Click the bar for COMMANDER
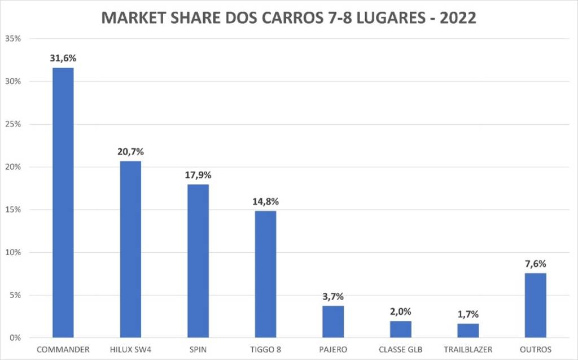click(x=63, y=203)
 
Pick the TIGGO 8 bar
click(x=265, y=274)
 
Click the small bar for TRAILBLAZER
click(x=468, y=331)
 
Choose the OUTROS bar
click(x=536, y=305)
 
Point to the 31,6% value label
click(x=63, y=58)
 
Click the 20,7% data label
click(x=130, y=151)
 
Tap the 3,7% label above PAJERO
click(x=333, y=296)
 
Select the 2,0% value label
click(x=401, y=311)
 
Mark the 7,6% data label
click(x=536, y=264)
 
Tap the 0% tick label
click(x=15, y=338)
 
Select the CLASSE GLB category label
click(x=401, y=350)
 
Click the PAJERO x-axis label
click(x=333, y=350)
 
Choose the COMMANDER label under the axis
click(x=63, y=350)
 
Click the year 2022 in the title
click(x=457, y=19)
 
